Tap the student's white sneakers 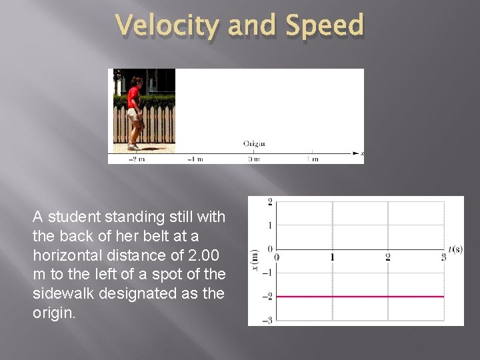pyautogui.click(x=133, y=145)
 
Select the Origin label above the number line pyautogui.click(x=254, y=143)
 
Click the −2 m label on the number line pyautogui.click(x=137, y=159)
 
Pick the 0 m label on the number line pyautogui.click(x=254, y=159)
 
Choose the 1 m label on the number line pyautogui.click(x=312, y=159)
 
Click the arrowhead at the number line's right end pyautogui.click(x=355, y=153)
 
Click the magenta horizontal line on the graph pyautogui.click(x=360, y=296)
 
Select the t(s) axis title pyautogui.click(x=456, y=249)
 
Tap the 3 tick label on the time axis pyautogui.click(x=443, y=257)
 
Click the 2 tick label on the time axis pyautogui.click(x=387, y=257)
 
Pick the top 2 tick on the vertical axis pyautogui.click(x=269, y=202)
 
